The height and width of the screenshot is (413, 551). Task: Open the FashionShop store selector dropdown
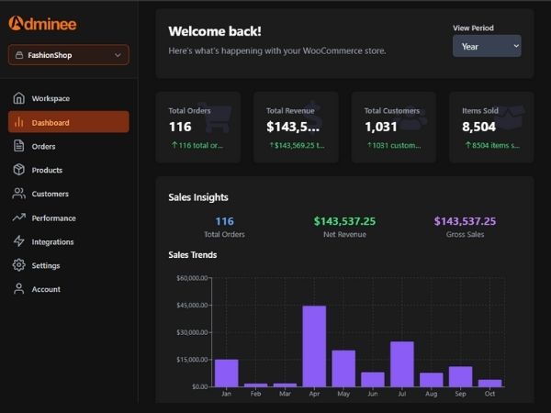(x=69, y=55)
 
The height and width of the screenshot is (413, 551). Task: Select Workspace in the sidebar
(x=50, y=98)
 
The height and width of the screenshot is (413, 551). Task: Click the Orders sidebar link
(x=43, y=146)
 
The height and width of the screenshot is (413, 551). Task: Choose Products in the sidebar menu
(x=47, y=170)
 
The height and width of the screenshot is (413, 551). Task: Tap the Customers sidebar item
(x=50, y=194)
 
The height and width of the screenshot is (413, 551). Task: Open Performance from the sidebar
(x=53, y=218)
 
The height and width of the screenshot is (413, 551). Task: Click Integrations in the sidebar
(x=52, y=242)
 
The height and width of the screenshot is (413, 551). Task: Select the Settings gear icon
(x=18, y=265)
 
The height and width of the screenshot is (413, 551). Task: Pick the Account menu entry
(x=46, y=289)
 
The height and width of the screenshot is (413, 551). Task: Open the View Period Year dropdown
(x=487, y=46)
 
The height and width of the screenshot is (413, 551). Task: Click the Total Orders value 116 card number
(x=180, y=127)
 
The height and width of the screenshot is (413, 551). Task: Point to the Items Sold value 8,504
(x=479, y=127)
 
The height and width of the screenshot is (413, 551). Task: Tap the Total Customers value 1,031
(x=381, y=127)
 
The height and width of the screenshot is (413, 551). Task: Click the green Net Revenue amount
(x=344, y=221)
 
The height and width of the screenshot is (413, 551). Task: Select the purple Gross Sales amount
(x=465, y=221)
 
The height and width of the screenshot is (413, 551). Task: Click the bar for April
(x=314, y=346)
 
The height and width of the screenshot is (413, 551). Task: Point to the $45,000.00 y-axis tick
(x=192, y=305)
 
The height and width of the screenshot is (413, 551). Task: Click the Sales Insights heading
(x=198, y=197)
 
